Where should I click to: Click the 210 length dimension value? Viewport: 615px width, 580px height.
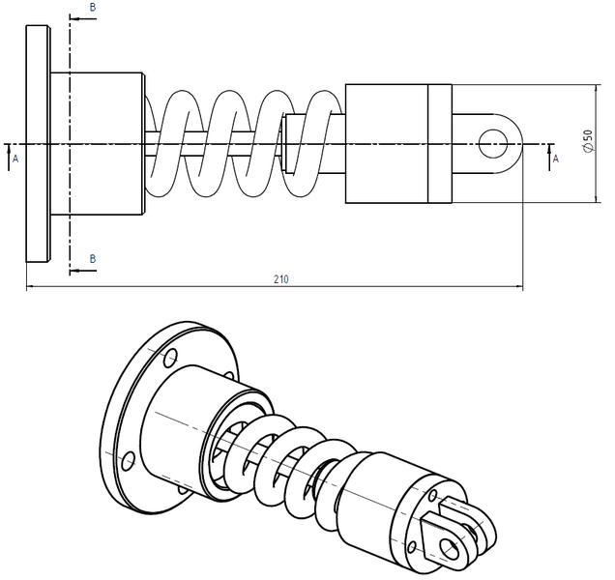coord(280,279)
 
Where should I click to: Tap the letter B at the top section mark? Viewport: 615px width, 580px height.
coord(92,8)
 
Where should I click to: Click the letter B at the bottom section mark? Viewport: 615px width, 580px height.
coord(92,259)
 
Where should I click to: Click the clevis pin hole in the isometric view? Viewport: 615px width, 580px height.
coord(451,548)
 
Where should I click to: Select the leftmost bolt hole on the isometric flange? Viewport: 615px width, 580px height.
coord(126,458)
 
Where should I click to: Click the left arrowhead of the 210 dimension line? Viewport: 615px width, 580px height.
coord(30,286)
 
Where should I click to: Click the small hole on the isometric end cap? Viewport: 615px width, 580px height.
coord(414,548)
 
